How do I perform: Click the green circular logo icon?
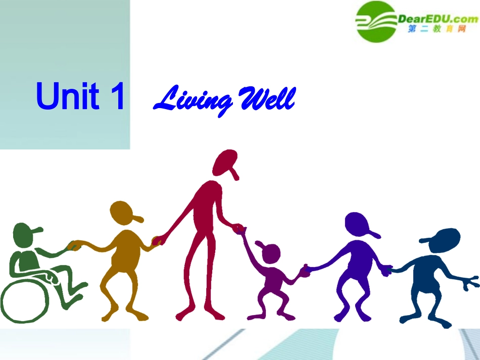(376, 21)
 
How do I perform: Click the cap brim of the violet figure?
(373, 234)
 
